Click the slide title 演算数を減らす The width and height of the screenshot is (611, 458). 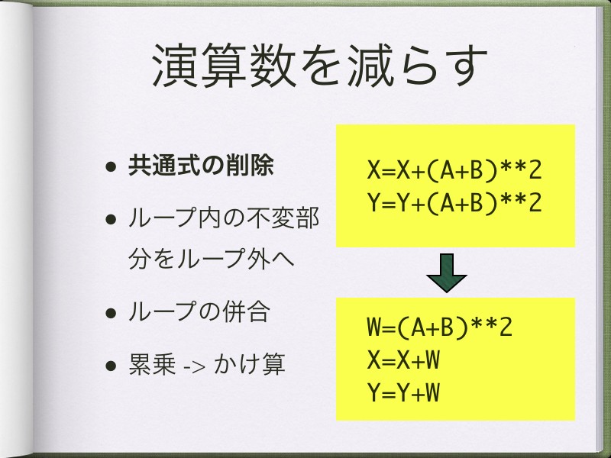tap(319, 66)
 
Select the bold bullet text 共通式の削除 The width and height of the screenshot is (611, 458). tap(201, 166)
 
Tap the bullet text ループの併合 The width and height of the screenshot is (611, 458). tap(199, 311)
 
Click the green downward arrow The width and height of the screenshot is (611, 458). tap(447, 273)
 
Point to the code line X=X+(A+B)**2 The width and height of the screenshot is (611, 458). tap(454, 169)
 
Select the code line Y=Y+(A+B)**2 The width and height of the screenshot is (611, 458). tap(454, 202)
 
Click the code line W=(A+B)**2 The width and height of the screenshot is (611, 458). tap(439, 327)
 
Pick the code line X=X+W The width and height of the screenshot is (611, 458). tap(403, 359)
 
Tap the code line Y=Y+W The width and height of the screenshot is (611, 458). tap(403, 392)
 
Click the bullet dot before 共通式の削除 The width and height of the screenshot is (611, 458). tap(111, 166)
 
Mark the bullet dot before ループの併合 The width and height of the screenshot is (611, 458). tap(111, 313)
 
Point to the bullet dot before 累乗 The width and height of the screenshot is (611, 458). tap(111, 366)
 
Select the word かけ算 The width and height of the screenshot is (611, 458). tap(250, 364)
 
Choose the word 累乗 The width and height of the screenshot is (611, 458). tap(152, 364)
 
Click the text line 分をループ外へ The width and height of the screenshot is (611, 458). tap(211, 258)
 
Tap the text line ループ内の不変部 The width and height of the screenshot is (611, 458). tap(224, 218)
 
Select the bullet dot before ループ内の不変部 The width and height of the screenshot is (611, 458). tap(111, 219)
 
